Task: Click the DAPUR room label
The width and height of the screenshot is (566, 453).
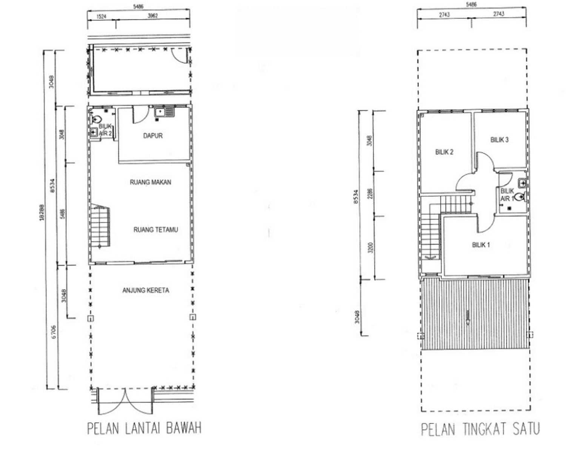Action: coord(153,136)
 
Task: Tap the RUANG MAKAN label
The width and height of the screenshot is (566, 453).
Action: coord(150,182)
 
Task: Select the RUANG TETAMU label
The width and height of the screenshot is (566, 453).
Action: coord(155,230)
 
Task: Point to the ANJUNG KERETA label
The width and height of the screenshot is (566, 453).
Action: coord(146,290)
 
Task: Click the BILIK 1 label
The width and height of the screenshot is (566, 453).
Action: coord(481,245)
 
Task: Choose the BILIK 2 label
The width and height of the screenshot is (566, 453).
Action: coord(444,152)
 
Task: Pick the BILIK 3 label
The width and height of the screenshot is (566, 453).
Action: coord(499,140)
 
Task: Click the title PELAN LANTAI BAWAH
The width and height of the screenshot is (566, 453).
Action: coord(144,428)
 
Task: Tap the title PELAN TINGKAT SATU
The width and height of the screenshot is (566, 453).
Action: coord(480,429)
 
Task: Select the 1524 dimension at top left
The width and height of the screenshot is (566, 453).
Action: coord(101,16)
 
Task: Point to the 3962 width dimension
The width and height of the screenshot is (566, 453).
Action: coord(152,16)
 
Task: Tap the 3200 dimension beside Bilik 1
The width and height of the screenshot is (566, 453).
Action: coord(370,248)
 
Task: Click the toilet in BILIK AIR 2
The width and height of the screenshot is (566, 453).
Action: coord(97,120)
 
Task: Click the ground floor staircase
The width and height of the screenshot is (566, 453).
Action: coord(100,226)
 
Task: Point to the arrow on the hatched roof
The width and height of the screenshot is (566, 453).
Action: coord(468,317)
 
